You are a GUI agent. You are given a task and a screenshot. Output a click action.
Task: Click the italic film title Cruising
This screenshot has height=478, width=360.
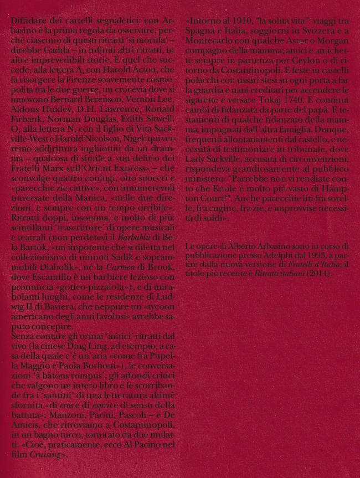pyautogui.click(x=47, y=454)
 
